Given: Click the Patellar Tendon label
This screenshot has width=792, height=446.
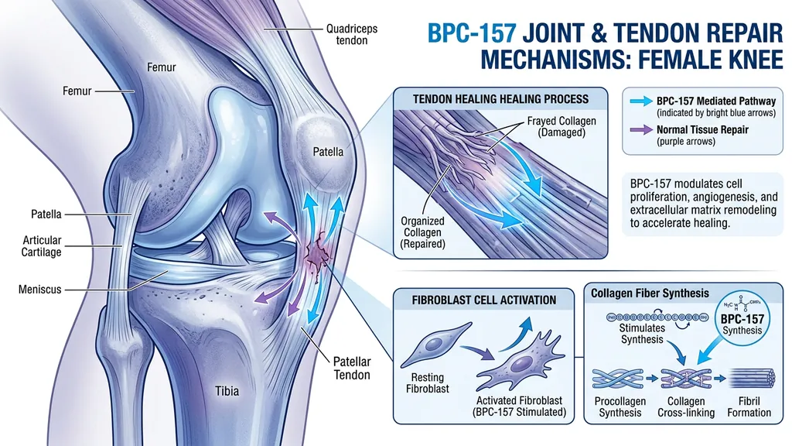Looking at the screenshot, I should (352, 368).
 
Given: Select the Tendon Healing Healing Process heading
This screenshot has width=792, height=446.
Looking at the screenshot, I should (491, 98).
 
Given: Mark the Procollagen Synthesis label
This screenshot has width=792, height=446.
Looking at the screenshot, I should (620, 407).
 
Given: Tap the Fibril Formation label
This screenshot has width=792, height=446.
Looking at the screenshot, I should (749, 407).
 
